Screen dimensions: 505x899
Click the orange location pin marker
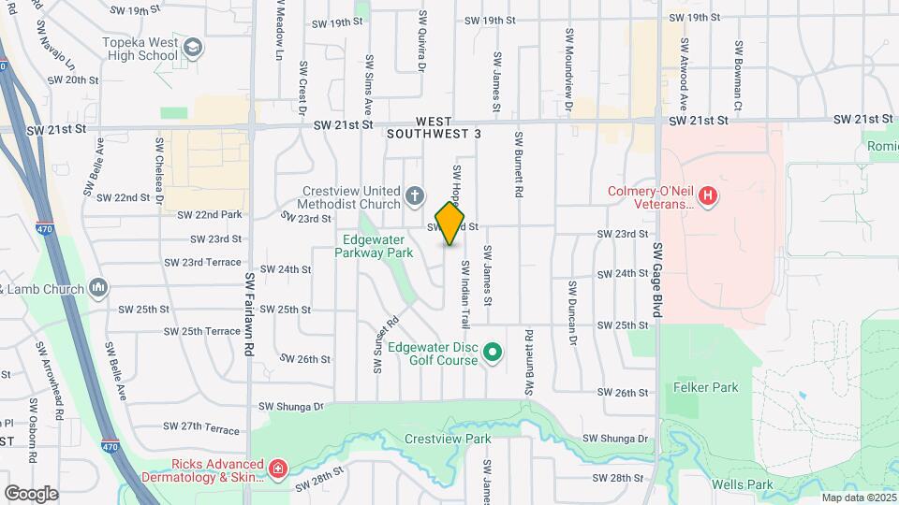450,223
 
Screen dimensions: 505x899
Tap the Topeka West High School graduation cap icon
193,48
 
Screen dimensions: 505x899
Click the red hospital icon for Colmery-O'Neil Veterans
709,197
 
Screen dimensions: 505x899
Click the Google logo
31,493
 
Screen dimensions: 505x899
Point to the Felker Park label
706,387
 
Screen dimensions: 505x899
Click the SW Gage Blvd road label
656,280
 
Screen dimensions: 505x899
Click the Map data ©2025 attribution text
859,498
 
